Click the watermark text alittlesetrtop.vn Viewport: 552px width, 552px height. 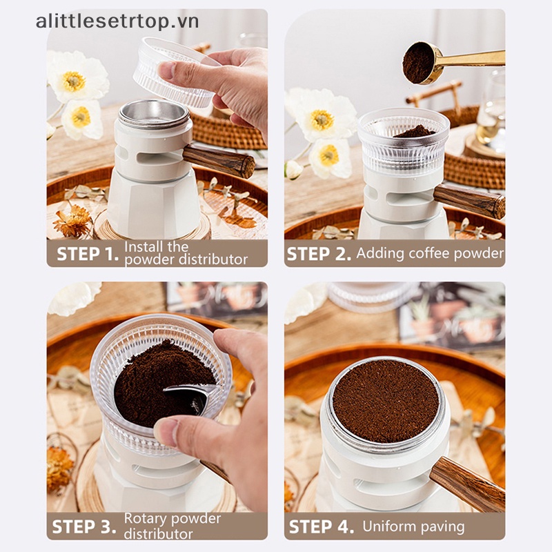[117, 22]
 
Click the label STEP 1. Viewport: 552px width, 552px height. [88, 254]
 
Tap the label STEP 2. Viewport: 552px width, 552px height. [319, 254]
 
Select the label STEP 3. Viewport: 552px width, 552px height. [84, 527]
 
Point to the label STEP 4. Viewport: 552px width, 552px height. [322, 527]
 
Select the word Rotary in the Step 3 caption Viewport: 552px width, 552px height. [146, 519]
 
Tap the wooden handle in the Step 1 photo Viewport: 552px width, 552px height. [219, 161]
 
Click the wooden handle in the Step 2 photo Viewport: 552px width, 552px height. [469, 201]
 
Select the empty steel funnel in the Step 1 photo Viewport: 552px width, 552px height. [154, 115]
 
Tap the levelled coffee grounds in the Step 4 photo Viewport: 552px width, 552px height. [386, 401]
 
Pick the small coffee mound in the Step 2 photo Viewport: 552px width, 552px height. [414, 132]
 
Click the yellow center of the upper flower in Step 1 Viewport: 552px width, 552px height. [74, 81]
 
